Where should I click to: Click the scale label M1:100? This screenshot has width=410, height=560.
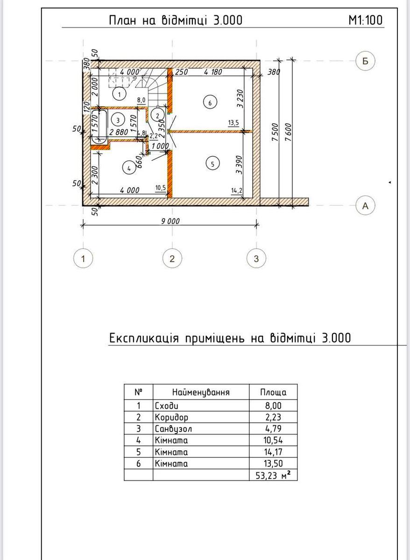point(366,20)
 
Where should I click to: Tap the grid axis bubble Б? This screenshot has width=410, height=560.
point(365,61)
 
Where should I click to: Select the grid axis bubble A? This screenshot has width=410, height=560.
point(365,206)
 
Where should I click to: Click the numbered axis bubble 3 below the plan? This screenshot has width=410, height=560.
point(256,259)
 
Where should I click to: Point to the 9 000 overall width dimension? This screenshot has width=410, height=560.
point(170,221)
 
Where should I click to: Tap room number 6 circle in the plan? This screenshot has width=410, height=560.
point(210,103)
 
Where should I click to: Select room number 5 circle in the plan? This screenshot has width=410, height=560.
point(212,164)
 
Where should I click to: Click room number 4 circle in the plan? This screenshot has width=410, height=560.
point(129,168)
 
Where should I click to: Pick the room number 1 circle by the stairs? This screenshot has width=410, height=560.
point(120,94)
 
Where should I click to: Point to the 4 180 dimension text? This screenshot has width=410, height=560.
point(213,72)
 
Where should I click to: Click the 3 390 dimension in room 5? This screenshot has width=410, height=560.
point(239,165)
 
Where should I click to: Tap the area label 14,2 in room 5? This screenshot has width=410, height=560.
point(236,191)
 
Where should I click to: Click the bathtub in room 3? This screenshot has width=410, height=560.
point(99,127)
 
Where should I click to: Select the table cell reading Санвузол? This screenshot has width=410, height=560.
point(173,428)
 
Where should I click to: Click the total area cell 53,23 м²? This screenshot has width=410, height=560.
point(273,475)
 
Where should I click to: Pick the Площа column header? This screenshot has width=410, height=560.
point(273,392)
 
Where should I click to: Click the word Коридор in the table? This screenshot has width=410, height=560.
point(171,417)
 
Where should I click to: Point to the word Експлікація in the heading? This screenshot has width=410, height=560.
point(144,338)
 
